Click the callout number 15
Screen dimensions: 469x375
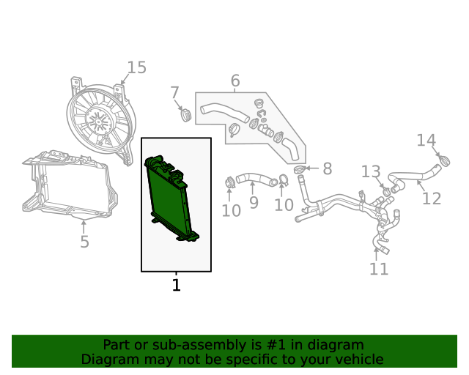coord(137,67)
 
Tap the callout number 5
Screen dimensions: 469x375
coord(85,241)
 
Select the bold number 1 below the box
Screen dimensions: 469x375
coord(177,285)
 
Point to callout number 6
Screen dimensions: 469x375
coord(235,81)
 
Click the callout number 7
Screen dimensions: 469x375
coord(175,93)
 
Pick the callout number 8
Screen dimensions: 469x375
coord(328,168)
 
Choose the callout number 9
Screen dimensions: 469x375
coord(254,202)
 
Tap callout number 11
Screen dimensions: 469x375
coord(379,269)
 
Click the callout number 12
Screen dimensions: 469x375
coord(432,198)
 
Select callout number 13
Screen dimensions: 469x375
coord(371,171)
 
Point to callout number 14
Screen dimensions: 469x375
coord(426,140)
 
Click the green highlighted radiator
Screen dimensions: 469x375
coord(171,198)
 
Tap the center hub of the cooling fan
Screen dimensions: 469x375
coord(98,122)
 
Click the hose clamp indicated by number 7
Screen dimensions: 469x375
coord(186,115)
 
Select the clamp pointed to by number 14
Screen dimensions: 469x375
coord(445,161)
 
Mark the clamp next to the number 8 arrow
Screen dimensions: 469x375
coord(300,170)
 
